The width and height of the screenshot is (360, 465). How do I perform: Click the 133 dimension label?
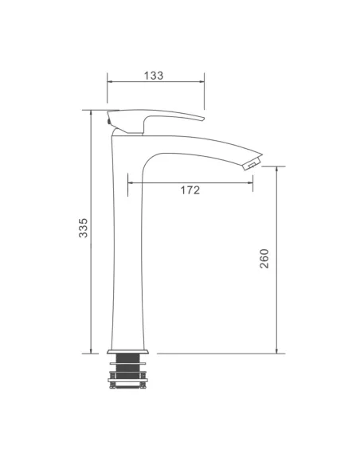(154, 76)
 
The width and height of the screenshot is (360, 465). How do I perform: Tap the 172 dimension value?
(190, 190)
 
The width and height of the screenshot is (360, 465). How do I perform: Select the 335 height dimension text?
(84, 228)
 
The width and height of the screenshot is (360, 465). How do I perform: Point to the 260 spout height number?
(264, 259)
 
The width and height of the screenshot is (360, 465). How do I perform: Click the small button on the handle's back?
(109, 121)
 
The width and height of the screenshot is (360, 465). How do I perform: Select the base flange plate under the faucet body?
(127, 352)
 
